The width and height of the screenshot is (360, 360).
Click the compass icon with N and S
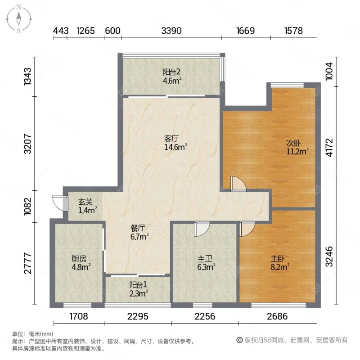coord(19,18)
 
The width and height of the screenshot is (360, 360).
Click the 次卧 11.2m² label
coord(297,147)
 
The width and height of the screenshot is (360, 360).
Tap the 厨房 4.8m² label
coord(81,262)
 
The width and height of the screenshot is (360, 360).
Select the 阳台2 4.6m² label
coord(172,76)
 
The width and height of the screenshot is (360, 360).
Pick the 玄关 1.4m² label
coord(85,207)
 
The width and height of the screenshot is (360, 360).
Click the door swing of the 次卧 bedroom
coord(236,184)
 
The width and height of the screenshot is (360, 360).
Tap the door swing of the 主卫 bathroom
coord(201,229)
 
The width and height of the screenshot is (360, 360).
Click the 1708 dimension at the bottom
coord(79,316)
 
